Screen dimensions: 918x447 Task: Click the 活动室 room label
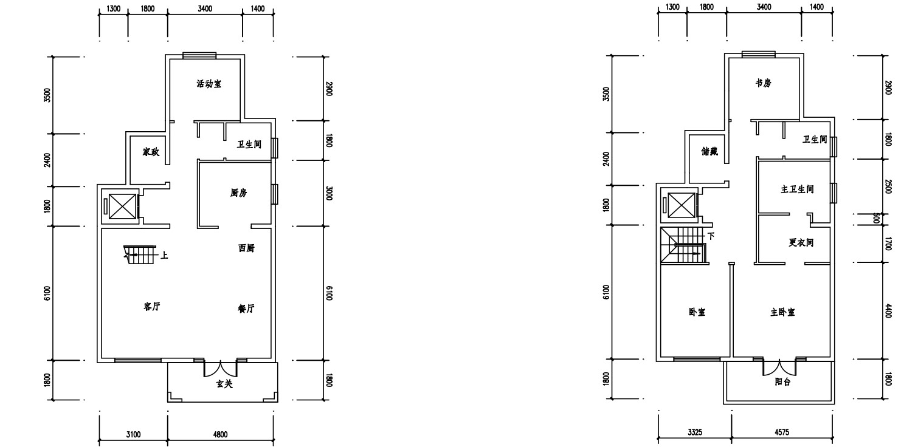click(209, 84)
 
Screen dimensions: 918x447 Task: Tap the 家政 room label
click(151, 152)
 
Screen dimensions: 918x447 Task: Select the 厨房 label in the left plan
click(238, 193)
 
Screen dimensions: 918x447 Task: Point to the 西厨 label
click(246, 248)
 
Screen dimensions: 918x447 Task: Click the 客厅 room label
click(151, 307)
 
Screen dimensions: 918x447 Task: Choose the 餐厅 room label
click(246, 309)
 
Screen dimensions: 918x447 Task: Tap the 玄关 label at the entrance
click(224, 384)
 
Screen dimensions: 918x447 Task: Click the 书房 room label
click(764, 83)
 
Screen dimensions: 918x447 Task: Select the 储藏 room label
click(709, 151)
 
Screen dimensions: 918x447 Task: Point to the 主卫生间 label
click(797, 189)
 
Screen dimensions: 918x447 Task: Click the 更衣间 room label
click(801, 242)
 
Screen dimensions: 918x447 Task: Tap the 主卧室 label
click(783, 312)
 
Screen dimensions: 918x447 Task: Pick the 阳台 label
click(783, 382)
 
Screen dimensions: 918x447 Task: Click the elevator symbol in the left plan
click(122, 206)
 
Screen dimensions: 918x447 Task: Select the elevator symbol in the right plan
click(681, 205)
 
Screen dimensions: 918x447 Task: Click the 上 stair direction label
click(164, 256)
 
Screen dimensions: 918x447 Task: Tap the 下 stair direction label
click(711, 236)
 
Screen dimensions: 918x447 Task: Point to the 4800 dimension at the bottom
click(221, 434)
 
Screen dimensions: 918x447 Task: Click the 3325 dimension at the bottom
click(695, 432)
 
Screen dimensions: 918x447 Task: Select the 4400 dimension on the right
click(888, 311)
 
